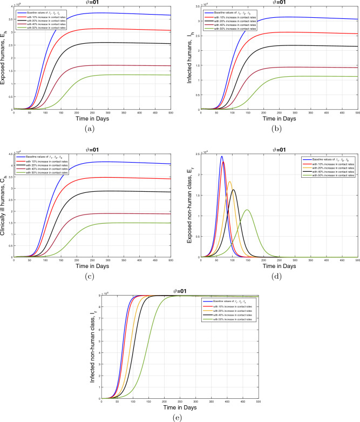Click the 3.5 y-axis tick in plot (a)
click(10, 24)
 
